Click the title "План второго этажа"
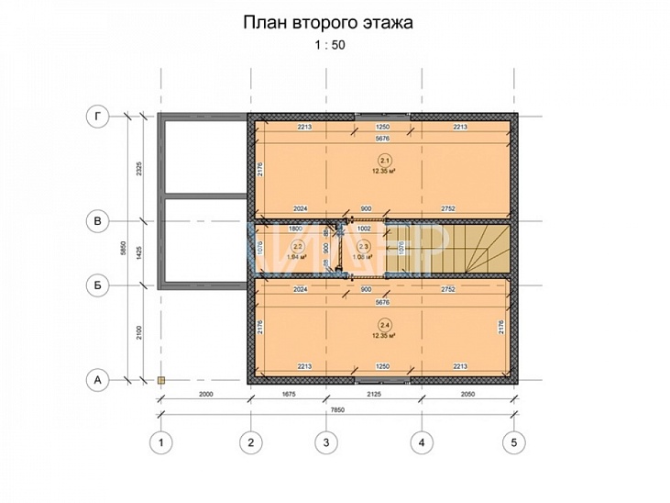point(327,23)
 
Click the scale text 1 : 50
point(327,44)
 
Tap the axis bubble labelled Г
point(96,116)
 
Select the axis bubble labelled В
point(96,220)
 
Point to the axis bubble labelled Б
point(96,285)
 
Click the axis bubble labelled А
point(96,378)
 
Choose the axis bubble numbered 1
point(161,442)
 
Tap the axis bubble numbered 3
point(324,442)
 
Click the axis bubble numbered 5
point(514,442)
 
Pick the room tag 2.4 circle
point(379,325)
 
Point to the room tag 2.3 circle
point(363,247)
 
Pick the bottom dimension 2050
point(467,393)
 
